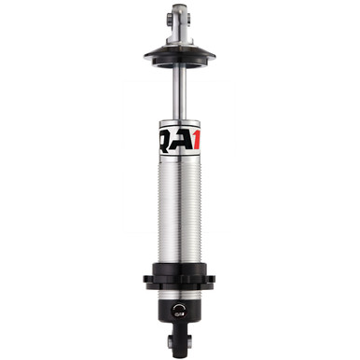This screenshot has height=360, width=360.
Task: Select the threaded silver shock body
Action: pyautogui.click(x=179, y=205)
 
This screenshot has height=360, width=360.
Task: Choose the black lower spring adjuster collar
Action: pyautogui.click(x=179, y=280)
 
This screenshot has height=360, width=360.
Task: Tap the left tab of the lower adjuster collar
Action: pyautogui.click(x=148, y=279)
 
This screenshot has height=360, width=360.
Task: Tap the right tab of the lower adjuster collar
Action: pyautogui.click(x=211, y=279)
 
